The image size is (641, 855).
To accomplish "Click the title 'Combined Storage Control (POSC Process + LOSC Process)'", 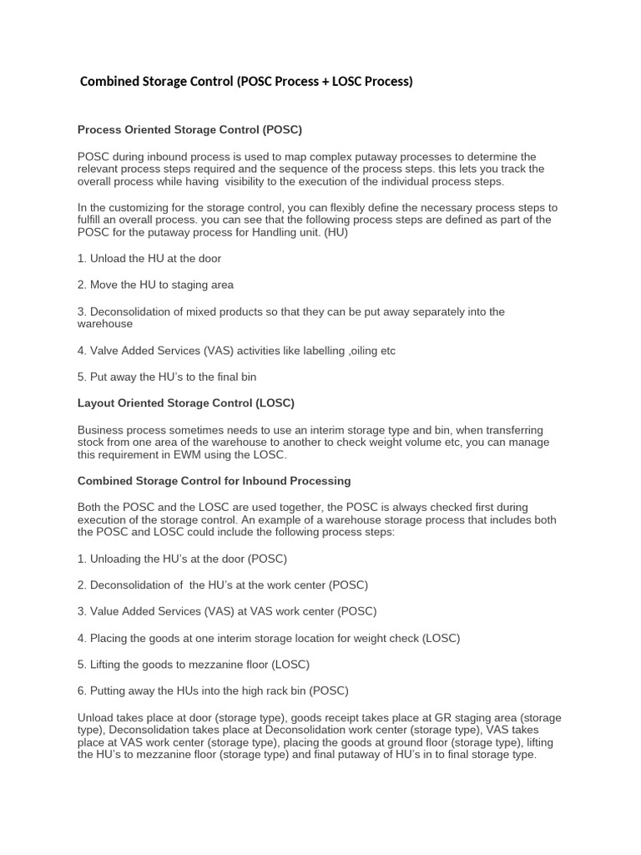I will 245,82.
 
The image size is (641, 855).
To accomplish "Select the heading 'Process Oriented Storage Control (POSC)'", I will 189,130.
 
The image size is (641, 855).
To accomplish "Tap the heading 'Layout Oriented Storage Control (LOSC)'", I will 185,403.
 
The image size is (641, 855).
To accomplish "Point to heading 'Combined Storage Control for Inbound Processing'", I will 214,481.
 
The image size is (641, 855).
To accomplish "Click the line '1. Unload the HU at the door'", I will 149,259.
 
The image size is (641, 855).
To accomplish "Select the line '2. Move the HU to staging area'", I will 155,285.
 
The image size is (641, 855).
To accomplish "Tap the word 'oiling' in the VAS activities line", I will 364,351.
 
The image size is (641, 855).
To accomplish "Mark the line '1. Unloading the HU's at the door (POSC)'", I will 182,559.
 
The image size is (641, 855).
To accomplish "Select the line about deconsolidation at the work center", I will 222,585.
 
